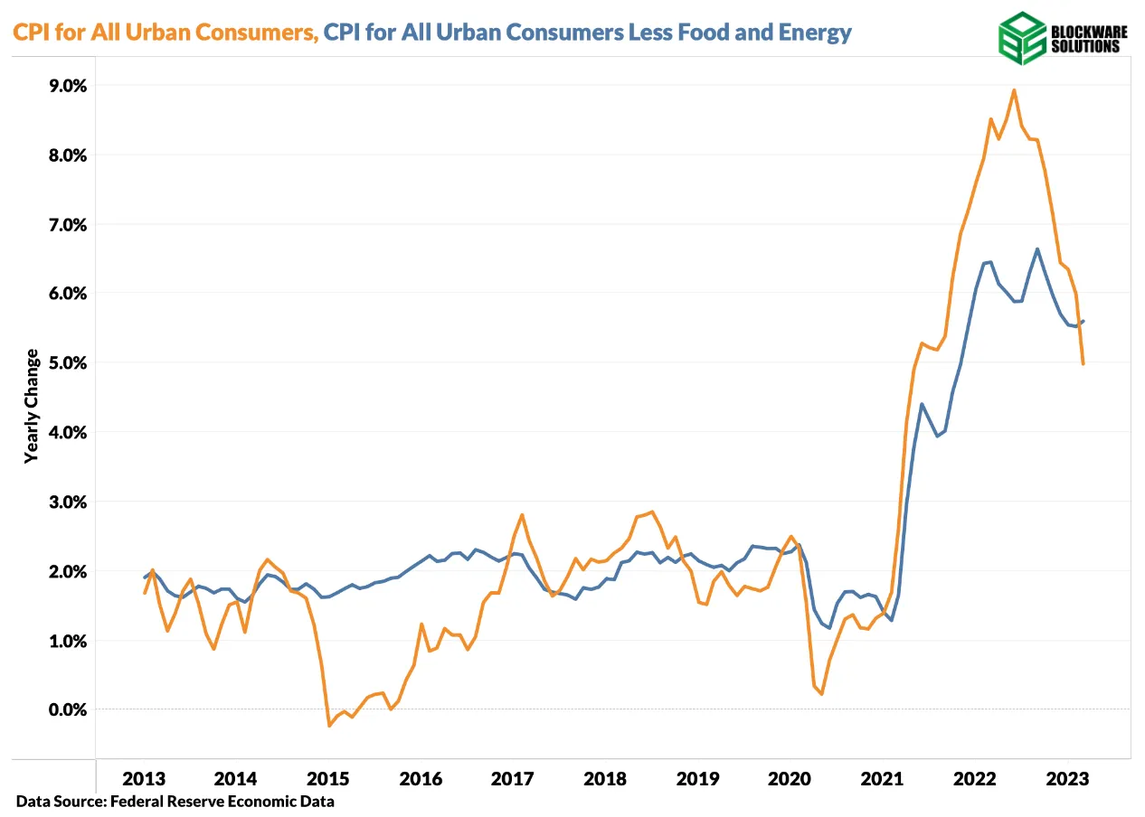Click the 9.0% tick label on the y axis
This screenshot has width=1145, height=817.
coord(62,86)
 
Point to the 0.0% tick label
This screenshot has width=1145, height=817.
coord(62,709)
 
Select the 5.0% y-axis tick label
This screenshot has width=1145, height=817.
coord(62,362)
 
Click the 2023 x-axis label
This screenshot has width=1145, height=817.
coord(1066,778)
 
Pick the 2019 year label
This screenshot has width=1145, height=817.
coord(696,778)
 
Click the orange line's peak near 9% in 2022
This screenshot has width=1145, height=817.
coord(1014,89)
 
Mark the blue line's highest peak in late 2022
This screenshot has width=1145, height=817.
coord(1036,249)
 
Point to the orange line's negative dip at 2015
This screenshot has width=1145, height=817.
coord(329,725)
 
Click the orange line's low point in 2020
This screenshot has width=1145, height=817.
coord(821,693)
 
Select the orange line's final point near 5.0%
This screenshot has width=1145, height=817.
coord(1083,363)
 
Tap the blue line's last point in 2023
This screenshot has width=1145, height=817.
coord(1083,321)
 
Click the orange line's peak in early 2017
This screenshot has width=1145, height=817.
coord(522,514)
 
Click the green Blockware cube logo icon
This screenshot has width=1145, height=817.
coord(1021,38)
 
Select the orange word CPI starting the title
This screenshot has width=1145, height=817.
coord(31,33)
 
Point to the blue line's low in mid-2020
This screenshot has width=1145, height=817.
coord(828,627)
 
